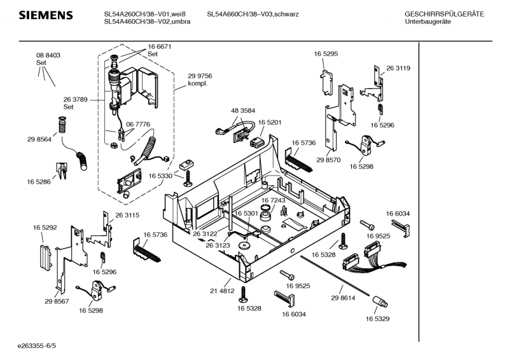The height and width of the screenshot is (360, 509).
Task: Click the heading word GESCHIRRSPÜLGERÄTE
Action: (444, 14)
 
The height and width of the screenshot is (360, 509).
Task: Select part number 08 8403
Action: (48, 56)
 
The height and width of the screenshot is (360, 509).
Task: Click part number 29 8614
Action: (343, 298)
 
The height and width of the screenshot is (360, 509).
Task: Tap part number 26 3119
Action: (398, 68)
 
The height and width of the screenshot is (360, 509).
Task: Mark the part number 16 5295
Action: (325, 55)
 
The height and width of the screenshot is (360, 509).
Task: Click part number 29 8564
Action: (39, 140)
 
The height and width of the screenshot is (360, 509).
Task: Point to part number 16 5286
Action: (39, 182)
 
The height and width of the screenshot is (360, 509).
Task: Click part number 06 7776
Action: (138, 124)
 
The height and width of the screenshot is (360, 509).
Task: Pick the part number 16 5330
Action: (161, 176)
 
